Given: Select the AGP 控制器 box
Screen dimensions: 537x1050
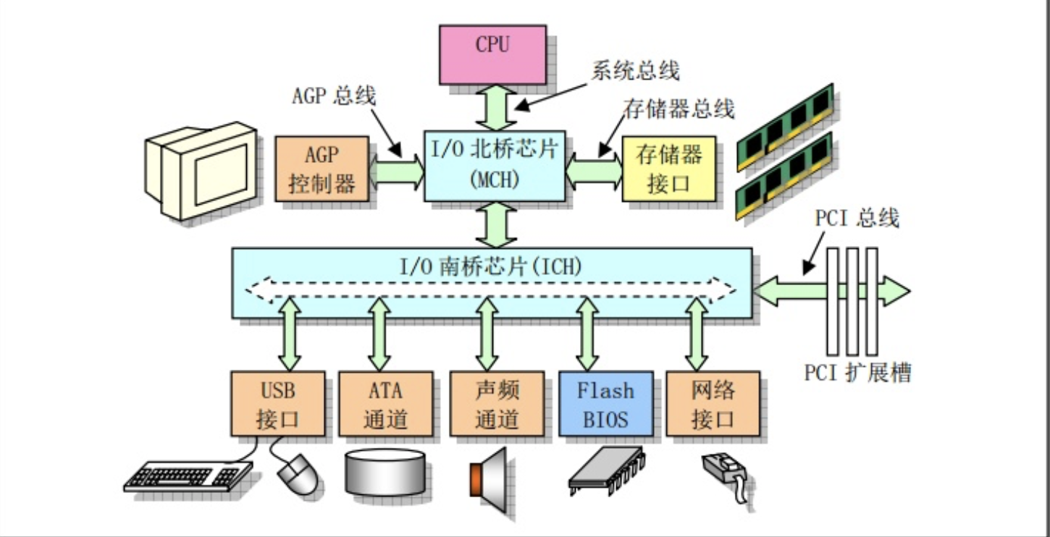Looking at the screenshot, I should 322,169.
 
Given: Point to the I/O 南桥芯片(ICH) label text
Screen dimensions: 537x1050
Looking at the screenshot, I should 492,266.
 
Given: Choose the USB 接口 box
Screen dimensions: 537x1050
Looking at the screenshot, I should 277,404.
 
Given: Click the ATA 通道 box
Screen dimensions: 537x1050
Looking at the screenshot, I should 385,404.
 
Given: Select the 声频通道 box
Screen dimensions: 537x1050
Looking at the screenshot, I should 497,404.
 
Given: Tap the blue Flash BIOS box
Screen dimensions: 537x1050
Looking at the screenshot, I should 605,404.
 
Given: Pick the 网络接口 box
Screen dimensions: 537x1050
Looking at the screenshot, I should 713,404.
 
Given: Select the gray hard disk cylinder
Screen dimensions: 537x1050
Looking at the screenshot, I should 385,472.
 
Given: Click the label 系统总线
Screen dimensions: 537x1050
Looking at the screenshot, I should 635,72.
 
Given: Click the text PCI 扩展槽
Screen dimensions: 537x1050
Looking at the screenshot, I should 857,373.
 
